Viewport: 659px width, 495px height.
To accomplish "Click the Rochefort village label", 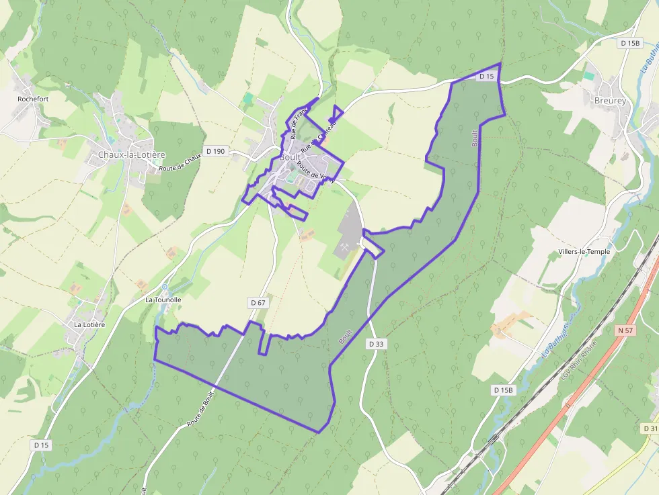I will [x=33, y=98].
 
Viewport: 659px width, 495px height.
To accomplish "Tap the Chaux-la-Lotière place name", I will [x=131, y=154].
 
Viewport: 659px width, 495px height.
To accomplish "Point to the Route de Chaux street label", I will [x=181, y=163].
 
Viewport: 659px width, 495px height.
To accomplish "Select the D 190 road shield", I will [x=215, y=151].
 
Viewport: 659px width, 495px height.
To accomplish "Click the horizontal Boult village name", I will [x=290, y=156].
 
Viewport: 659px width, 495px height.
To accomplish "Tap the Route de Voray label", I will [x=315, y=172].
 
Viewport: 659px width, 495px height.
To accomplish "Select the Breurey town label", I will [x=610, y=101].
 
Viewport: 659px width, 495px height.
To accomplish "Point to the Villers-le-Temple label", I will [x=584, y=252].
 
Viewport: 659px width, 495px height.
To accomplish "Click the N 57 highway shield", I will [x=625, y=330].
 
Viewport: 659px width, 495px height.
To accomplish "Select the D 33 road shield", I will [x=377, y=344].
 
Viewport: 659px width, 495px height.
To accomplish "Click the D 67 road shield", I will [x=258, y=303].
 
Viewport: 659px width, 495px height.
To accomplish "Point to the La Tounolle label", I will [x=163, y=300].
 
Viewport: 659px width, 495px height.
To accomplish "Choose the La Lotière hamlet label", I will [x=89, y=324].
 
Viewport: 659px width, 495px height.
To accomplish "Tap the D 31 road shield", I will [x=650, y=429].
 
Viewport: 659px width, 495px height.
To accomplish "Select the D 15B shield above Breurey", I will [x=630, y=43].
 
